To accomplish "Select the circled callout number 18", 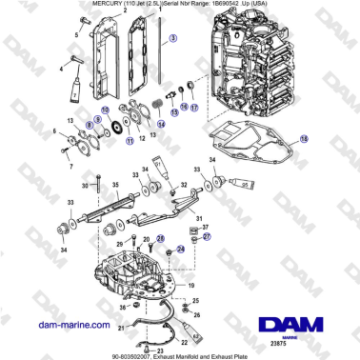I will coord(304,138).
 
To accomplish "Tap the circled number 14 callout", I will coord(161,124).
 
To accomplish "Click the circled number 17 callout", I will coord(195,108).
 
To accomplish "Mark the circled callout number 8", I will coord(90,124).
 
